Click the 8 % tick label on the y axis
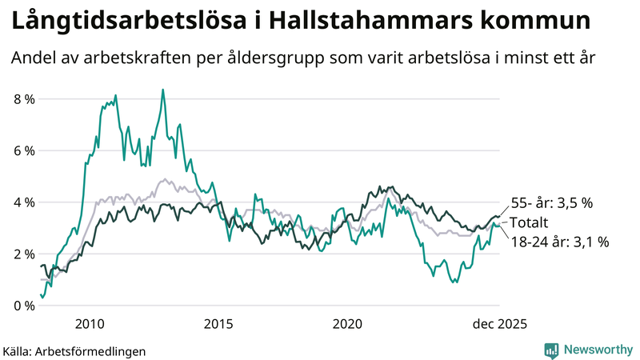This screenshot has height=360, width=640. [24, 99]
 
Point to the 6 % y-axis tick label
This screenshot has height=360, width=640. [24, 150]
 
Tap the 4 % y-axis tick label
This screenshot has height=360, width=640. [24, 202]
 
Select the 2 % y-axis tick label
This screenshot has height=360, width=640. [24, 254]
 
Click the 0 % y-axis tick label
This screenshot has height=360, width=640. [24, 306]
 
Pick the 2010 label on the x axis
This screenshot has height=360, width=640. [90, 324]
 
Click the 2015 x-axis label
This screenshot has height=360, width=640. [218, 324]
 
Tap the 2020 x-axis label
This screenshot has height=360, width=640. [347, 324]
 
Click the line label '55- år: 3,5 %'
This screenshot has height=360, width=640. [551, 204]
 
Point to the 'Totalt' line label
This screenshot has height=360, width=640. [529, 222]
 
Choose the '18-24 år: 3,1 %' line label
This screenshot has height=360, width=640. [559, 241]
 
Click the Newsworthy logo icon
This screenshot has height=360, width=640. [551, 350]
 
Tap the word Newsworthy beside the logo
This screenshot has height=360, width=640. [598, 350]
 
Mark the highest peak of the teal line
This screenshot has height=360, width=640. [163, 90]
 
